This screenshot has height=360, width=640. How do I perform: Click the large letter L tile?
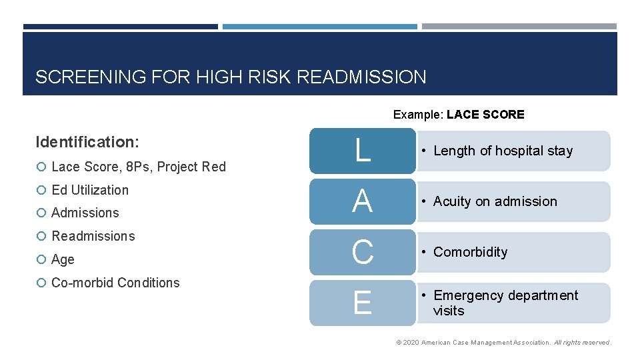[362, 151]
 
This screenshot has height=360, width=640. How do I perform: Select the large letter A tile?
[362, 201]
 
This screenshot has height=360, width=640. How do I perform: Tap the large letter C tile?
[362, 252]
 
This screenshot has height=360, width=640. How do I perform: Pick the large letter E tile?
[362, 303]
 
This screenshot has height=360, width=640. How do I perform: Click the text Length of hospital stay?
[503, 151]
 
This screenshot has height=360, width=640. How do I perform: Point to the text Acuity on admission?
[495, 201]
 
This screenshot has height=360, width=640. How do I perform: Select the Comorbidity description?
[470, 252]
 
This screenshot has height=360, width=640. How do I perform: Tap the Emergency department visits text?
[505, 303]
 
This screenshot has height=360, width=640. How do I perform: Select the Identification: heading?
[87, 142]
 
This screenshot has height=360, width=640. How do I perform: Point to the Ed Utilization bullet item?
[90, 190]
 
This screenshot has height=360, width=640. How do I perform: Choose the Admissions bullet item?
[85, 213]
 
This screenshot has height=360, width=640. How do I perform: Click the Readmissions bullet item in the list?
[93, 236]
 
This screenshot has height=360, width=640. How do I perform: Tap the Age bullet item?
[63, 259]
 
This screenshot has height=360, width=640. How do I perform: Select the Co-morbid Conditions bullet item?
[115, 283]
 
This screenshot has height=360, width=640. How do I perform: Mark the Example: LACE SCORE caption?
[459, 115]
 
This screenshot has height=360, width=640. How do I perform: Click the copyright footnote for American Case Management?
[503, 342]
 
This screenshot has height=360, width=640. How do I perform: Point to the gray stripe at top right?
[519, 27]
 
